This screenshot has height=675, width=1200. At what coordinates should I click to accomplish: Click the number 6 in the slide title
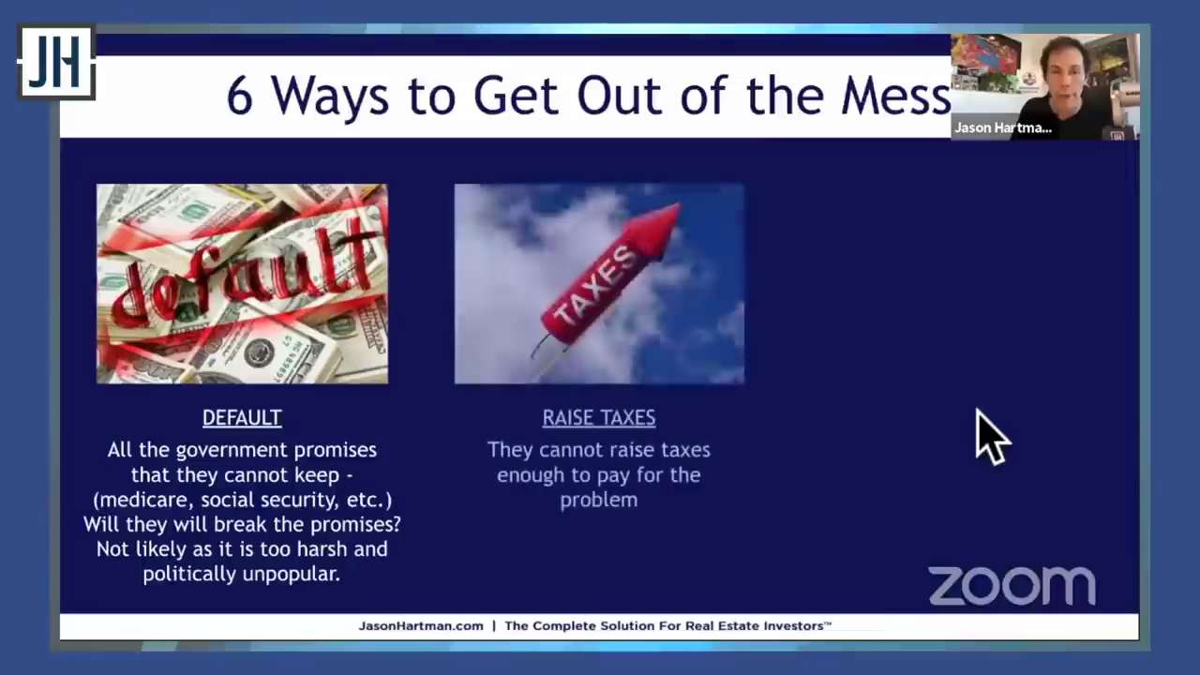click(239, 97)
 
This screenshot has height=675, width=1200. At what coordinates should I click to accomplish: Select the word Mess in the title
click(895, 97)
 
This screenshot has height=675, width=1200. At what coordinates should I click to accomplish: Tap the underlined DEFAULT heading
click(242, 418)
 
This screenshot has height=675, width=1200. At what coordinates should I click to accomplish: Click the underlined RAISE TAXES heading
click(599, 418)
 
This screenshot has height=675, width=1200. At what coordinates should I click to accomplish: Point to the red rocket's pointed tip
click(680, 204)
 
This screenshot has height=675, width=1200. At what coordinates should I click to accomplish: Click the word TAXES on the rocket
click(593, 285)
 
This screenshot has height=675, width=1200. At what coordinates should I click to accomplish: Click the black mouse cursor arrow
click(993, 437)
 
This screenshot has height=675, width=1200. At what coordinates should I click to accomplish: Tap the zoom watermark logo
click(1012, 586)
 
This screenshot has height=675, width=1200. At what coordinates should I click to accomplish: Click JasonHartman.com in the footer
click(421, 626)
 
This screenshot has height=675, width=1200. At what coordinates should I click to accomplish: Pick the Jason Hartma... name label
click(1003, 128)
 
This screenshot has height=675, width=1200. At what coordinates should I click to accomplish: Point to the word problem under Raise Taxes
click(599, 501)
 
